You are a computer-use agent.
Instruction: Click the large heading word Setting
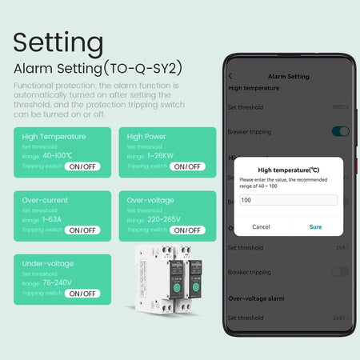(58, 42)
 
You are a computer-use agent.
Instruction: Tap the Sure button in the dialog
(315, 226)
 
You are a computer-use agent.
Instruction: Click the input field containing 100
(288, 200)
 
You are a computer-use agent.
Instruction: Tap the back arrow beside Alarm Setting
(230, 76)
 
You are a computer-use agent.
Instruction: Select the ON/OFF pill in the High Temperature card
(84, 166)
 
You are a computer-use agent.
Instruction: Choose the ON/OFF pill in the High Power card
(188, 166)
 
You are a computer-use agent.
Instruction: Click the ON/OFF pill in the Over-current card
(84, 230)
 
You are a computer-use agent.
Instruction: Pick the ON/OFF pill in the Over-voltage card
(188, 230)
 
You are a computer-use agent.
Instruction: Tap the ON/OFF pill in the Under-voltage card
(84, 293)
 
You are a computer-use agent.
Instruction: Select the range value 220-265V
(166, 219)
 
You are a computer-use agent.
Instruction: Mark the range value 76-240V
(58, 283)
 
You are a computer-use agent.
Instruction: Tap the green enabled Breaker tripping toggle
(341, 131)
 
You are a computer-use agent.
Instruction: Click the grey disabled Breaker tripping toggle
(341, 272)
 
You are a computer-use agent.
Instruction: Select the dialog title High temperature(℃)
(288, 170)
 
